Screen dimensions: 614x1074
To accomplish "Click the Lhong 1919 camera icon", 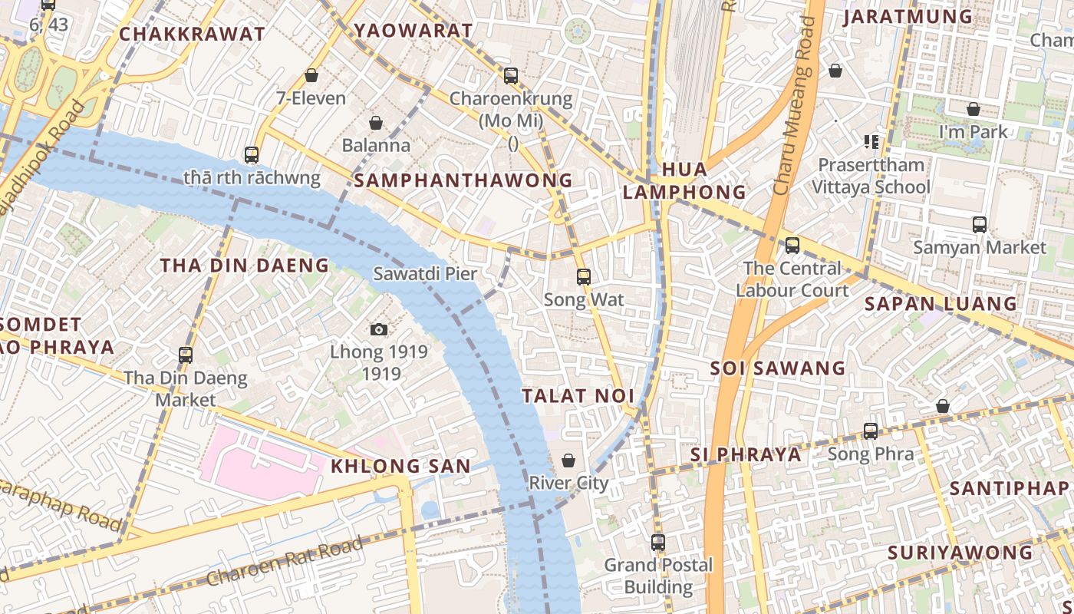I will pyautogui.click(x=378, y=330).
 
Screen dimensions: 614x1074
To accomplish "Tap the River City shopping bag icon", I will pyautogui.click(x=568, y=460).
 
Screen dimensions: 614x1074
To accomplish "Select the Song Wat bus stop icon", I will pyautogui.click(x=584, y=277).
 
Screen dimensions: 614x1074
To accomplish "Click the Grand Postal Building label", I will pyautogui.click(x=658, y=576).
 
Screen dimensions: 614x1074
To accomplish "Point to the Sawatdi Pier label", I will pyautogui.click(x=425, y=274).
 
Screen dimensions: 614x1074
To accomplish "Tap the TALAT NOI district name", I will pyautogui.click(x=578, y=396).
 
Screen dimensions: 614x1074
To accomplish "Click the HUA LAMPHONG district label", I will pyautogui.click(x=684, y=180).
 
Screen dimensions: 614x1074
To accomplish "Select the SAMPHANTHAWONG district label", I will pyautogui.click(x=463, y=180).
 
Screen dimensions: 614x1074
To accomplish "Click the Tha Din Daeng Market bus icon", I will pyautogui.click(x=186, y=355).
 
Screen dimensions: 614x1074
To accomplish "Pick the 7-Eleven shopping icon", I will pyautogui.click(x=311, y=75).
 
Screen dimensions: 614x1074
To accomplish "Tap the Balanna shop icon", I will pyautogui.click(x=376, y=123).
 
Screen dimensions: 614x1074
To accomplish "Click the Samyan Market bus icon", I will pyautogui.click(x=980, y=225).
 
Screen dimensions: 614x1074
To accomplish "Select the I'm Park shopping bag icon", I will pyautogui.click(x=974, y=110).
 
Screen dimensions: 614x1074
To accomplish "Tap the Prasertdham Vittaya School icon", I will pyautogui.click(x=871, y=142).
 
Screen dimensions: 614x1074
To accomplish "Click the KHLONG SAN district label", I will pyautogui.click(x=400, y=466).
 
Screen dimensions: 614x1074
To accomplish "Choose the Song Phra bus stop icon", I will pyautogui.click(x=871, y=431).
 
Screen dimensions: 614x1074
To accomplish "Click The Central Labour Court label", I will pyautogui.click(x=792, y=279).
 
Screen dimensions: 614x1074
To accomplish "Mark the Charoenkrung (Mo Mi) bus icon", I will pyautogui.click(x=511, y=76).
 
